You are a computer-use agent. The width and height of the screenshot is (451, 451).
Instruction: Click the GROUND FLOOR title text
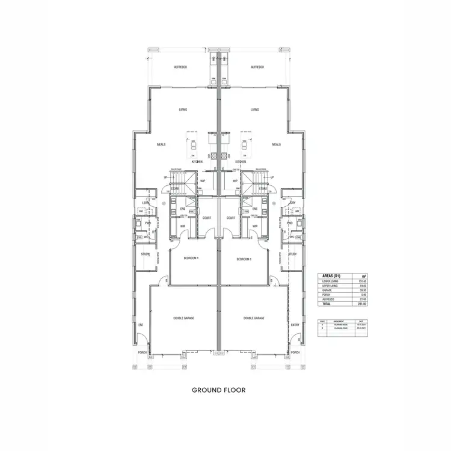(x=218, y=390)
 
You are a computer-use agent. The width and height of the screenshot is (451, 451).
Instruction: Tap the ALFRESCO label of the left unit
(x=180, y=67)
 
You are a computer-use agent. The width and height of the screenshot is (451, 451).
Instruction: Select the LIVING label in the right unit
(x=255, y=109)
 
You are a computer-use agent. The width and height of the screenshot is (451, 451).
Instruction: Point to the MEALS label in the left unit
(x=161, y=144)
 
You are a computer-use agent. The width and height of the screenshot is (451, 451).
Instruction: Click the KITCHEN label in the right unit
(x=241, y=162)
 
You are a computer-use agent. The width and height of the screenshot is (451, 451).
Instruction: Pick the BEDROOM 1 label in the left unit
(x=191, y=259)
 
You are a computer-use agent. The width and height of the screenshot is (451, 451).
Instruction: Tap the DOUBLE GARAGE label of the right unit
(x=254, y=318)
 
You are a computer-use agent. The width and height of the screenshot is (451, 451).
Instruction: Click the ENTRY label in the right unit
(x=295, y=325)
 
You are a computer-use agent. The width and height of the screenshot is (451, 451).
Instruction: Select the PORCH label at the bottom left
(x=143, y=352)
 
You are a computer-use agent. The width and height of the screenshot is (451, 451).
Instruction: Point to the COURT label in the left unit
(x=206, y=218)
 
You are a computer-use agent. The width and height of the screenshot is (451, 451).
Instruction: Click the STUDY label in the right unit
(x=292, y=254)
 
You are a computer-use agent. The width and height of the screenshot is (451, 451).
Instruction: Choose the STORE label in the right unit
(x=263, y=189)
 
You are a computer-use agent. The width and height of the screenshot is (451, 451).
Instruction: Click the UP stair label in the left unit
(x=166, y=177)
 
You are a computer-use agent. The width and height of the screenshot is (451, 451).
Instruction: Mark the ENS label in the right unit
(x=255, y=209)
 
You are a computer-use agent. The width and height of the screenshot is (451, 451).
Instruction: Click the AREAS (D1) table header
(x=333, y=276)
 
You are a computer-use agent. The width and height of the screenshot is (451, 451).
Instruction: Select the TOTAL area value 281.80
(x=363, y=304)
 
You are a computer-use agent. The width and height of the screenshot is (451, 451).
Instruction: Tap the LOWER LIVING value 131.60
(x=363, y=281)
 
